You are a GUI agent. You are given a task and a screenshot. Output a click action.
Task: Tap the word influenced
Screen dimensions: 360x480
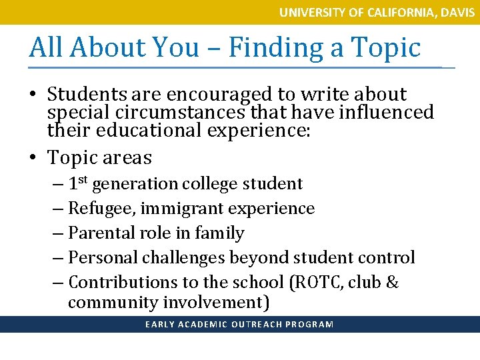pos(385,112)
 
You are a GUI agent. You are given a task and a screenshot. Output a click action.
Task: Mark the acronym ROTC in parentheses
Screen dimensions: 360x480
pos(316,282)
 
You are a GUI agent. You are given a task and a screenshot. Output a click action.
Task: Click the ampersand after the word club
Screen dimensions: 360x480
pos(392,282)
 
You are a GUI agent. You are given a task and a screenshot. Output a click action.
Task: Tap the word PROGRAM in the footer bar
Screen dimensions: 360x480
pos(309,325)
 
